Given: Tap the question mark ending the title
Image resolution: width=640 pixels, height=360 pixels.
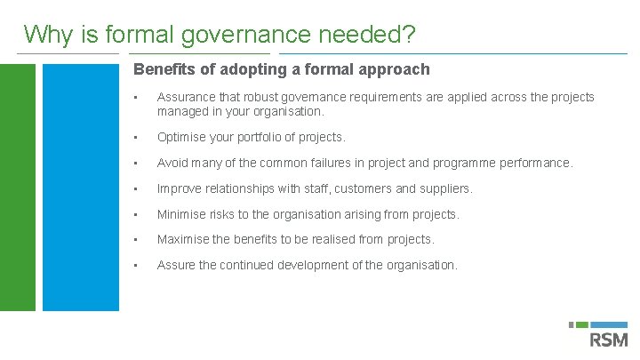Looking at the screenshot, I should [409, 35].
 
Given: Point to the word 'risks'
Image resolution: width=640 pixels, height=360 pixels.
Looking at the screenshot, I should [226, 214].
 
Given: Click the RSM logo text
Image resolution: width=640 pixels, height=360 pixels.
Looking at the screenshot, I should [608, 340].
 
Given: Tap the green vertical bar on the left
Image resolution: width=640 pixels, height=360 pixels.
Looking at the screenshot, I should [18, 187].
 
